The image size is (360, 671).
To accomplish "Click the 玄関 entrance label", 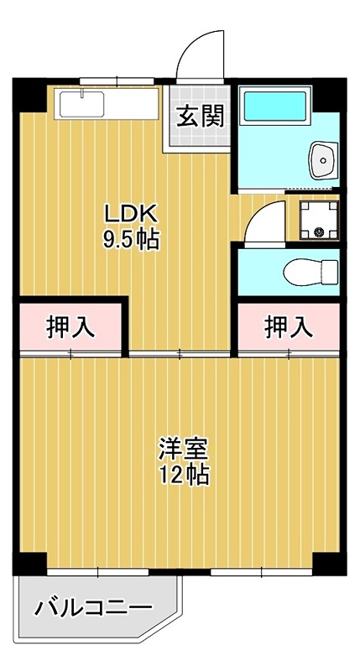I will tap(200, 116).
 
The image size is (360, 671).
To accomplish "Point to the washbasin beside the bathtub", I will tap(322, 159).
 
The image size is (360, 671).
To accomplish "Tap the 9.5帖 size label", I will tap(130, 239).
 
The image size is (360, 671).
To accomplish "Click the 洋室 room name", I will tap(184, 446).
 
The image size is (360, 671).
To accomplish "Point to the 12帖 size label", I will tap(184, 475).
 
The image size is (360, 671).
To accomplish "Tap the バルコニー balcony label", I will tap(92, 608).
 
